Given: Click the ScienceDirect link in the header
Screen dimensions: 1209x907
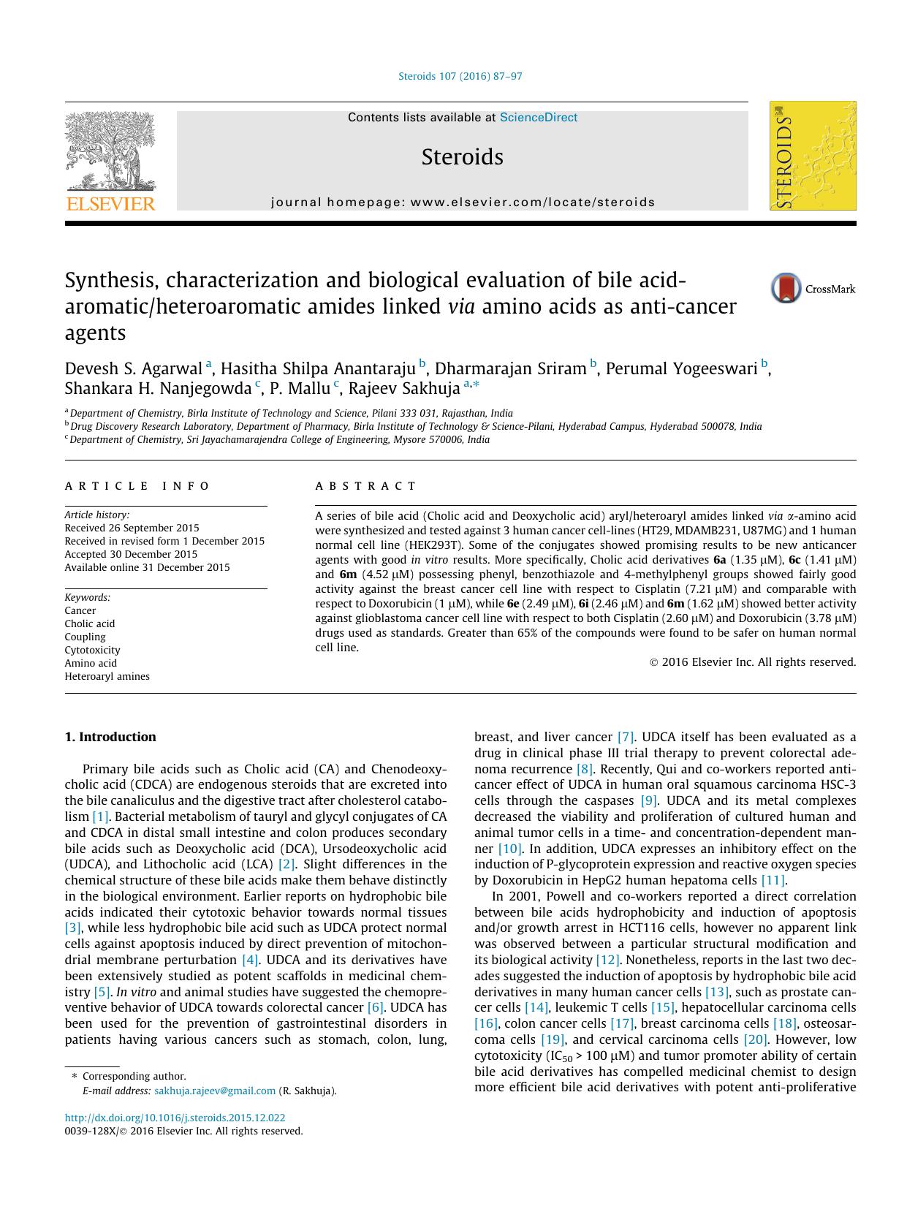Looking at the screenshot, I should [538, 118].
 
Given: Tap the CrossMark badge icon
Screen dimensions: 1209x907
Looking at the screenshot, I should [786, 289].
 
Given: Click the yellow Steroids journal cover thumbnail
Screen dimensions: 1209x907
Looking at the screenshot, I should [812, 156].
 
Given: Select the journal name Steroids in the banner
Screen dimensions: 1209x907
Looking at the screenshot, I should [462, 157].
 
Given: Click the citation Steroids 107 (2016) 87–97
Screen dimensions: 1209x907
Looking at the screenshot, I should [460, 77].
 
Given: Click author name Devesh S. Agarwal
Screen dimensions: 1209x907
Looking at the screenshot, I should [133, 368].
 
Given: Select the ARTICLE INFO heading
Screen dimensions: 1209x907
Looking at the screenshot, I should [137, 486].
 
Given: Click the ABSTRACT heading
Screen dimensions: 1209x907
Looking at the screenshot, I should [365, 486].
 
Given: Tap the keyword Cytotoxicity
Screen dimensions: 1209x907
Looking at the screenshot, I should [92, 650].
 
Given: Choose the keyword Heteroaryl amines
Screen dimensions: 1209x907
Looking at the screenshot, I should [107, 676].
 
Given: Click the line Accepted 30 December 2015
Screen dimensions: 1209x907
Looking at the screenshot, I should [131, 554].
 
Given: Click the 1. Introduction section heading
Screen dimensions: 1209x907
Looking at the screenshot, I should [110, 737].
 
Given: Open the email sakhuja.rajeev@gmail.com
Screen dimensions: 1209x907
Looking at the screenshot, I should [215, 1091].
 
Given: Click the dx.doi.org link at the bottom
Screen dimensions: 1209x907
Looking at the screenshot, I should [175, 1118].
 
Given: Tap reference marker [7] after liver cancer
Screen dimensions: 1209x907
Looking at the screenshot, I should [626, 737].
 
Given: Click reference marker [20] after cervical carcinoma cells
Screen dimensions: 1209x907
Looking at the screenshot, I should [755, 1039].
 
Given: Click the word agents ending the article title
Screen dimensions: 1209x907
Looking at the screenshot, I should [95, 334].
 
